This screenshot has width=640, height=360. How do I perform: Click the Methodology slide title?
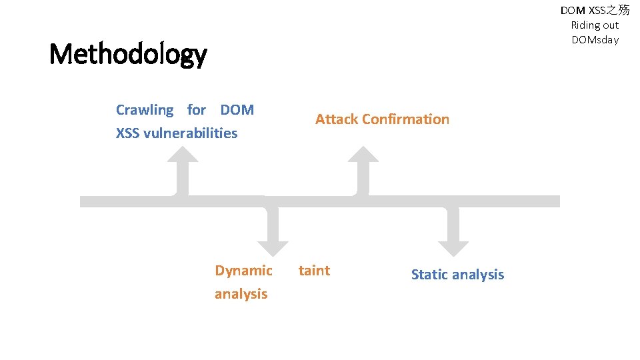tap(128, 54)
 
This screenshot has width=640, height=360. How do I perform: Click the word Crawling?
tap(145, 110)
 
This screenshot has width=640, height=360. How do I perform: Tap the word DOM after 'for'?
tap(237, 110)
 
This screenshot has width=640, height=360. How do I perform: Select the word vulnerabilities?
tap(190, 133)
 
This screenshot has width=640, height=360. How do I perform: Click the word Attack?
tap(337, 119)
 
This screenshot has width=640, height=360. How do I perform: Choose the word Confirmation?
tap(406, 119)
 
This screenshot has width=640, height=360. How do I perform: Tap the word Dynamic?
tap(243, 271)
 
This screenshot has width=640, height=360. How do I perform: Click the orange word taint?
tap(314, 271)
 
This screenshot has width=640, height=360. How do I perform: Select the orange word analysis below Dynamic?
tap(241, 294)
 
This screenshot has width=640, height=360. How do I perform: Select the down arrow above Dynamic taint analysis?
tap(272, 230)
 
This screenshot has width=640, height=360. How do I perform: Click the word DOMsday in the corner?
tap(595, 40)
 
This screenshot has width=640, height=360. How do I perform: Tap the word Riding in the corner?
tap(584, 25)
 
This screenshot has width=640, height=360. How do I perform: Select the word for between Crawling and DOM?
tap(197, 110)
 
